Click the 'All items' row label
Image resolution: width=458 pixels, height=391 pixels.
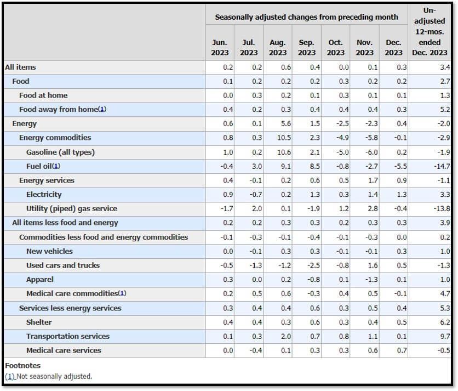(x=20, y=67)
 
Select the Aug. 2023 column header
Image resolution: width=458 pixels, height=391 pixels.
(x=278, y=47)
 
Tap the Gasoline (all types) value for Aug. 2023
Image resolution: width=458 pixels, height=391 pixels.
(x=284, y=152)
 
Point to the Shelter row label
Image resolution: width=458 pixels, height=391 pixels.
(x=39, y=322)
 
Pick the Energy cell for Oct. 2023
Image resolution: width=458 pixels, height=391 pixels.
(x=342, y=124)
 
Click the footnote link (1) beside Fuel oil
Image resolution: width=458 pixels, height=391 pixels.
(x=56, y=166)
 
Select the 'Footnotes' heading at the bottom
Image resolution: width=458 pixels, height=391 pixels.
(x=23, y=366)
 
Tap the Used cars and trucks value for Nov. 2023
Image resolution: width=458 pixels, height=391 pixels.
(x=373, y=265)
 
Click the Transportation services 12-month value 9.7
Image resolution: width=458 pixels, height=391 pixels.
(x=445, y=337)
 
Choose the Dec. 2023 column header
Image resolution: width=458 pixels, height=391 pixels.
(x=393, y=47)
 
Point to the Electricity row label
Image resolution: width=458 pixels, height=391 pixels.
(x=44, y=195)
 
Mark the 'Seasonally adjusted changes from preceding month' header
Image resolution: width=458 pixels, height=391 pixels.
(x=306, y=17)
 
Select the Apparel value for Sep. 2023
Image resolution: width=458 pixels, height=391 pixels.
(x=314, y=280)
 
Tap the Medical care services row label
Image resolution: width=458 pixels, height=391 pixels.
(x=64, y=350)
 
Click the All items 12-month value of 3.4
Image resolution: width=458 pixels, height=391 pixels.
(x=445, y=67)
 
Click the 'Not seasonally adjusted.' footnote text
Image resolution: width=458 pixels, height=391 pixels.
(x=54, y=376)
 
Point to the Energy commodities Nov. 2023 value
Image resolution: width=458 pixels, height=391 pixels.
(x=371, y=138)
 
